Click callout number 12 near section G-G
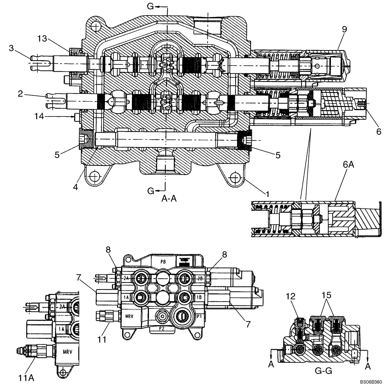point(291,296)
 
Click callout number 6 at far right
point(378,132)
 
